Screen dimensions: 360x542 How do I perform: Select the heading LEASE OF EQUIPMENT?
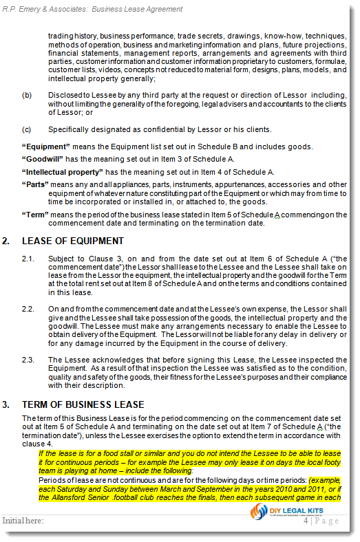[73, 241]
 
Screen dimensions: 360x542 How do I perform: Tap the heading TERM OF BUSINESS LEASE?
[83, 404]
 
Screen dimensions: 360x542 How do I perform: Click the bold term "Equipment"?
[44, 147]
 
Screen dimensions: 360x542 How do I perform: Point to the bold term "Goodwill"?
[42, 159]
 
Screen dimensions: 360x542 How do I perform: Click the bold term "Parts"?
[34, 184]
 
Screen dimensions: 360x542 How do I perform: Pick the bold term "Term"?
[35, 215]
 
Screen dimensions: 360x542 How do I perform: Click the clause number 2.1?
[28, 258]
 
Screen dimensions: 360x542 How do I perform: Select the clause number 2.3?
[28, 360]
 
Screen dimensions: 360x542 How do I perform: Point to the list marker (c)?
[27, 129]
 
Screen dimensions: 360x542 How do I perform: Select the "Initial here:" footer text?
[23, 521]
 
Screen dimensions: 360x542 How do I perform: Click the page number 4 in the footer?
[306, 521]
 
